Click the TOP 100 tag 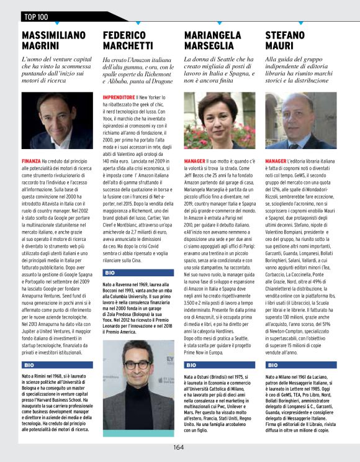[x=38, y=16]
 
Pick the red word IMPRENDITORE [x=119, y=97]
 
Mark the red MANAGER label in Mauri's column [x=276, y=160]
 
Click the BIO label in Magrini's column [x=29, y=365]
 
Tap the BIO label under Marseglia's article [x=191, y=365]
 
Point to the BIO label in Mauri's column [x=272, y=365]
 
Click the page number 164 [x=179, y=446]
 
